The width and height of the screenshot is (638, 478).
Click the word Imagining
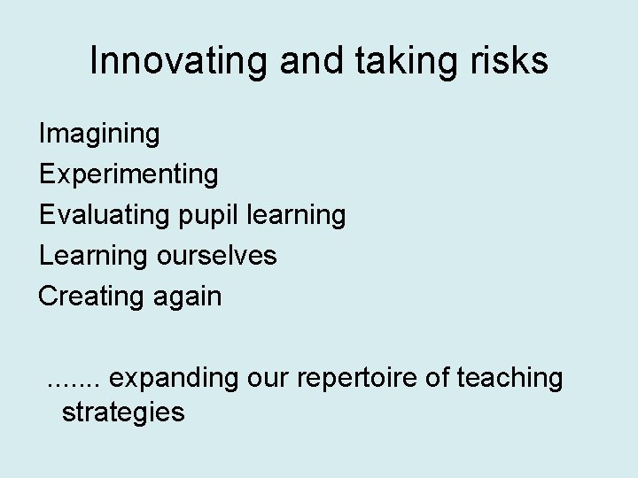point(99,134)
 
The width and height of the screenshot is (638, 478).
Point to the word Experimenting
point(128,174)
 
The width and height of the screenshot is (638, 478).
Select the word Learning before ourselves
point(94,256)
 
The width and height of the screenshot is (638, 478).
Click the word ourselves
point(216,256)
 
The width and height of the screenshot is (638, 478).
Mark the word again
point(189,297)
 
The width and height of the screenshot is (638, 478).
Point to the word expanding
point(176,379)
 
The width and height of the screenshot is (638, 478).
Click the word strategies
point(123,412)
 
